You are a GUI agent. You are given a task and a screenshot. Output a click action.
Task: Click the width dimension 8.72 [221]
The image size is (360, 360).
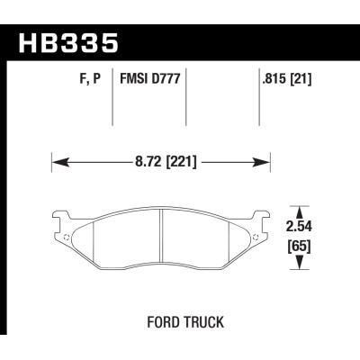coord(161,163)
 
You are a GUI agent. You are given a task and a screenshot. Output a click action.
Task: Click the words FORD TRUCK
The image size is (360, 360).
coord(180,320)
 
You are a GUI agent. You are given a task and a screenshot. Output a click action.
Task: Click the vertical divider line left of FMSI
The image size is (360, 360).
coord(112,103)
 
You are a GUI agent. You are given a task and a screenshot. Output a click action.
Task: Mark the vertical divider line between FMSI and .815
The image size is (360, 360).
coord(185,103)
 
